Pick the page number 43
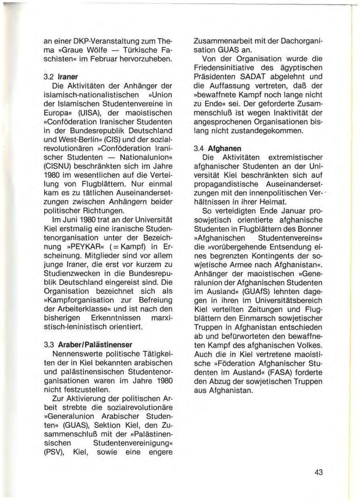pyautogui.click(x=318, y=472)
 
